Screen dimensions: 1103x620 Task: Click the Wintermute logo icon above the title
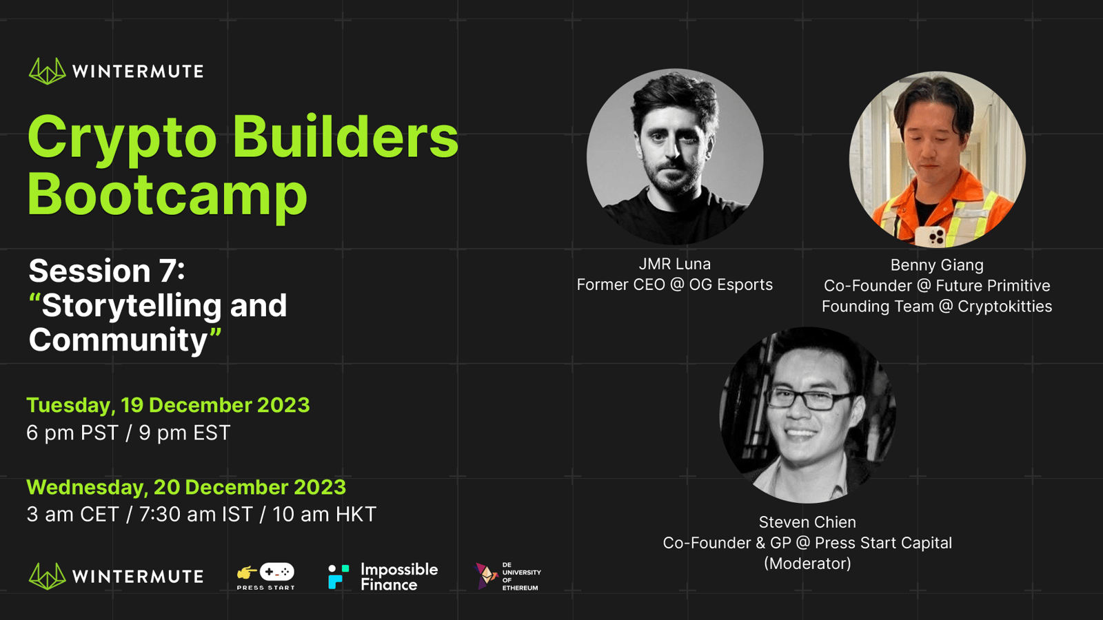[x=48, y=72]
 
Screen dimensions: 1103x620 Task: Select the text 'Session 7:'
[x=106, y=271]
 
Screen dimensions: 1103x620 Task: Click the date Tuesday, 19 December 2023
[x=168, y=406]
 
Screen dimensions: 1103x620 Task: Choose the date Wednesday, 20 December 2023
[x=186, y=487]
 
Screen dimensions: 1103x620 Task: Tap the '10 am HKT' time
[x=325, y=514]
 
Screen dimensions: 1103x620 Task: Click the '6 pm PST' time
[x=72, y=433]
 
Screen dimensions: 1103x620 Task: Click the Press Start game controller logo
[x=266, y=576]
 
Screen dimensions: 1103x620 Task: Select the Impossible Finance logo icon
[x=338, y=576]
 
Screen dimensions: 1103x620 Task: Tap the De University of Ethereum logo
[x=507, y=576]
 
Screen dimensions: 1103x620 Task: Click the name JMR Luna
[x=675, y=265]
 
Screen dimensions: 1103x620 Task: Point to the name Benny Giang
[x=937, y=265]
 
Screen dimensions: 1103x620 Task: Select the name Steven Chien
[x=807, y=522]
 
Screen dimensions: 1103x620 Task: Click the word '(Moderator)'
[x=807, y=564]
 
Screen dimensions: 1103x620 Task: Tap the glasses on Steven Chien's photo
[x=810, y=399]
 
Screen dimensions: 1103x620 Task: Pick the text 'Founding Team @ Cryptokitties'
[x=937, y=307]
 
